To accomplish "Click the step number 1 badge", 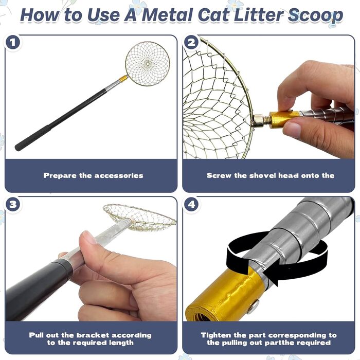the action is coord(13,43).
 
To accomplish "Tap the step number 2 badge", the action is coord(191,43).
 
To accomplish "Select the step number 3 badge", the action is coord(13,204).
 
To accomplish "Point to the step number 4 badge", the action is coord(191,204).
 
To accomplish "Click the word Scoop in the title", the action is coord(315,15).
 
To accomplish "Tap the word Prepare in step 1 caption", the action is coord(60,176).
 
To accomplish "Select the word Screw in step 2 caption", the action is coord(219,176).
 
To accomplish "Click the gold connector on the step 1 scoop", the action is coord(123,79).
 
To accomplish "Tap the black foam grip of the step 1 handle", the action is coord(32,138).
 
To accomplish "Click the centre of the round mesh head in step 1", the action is coord(148,63).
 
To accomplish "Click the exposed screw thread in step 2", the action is coord(266,120).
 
